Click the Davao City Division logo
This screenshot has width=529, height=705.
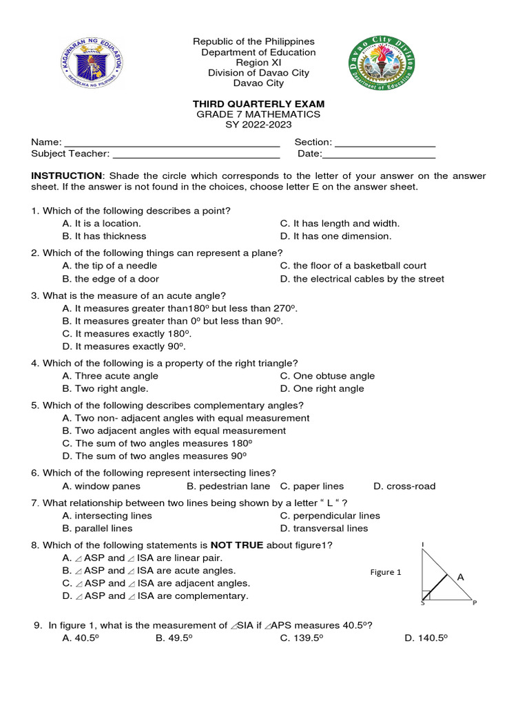tap(382, 66)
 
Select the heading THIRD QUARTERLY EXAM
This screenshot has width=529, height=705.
tap(258, 104)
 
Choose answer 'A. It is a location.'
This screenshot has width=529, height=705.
tap(101, 223)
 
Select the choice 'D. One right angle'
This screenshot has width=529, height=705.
tap(322, 388)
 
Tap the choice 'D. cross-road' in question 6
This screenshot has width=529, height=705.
tap(404, 486)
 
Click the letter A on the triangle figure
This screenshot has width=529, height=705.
tap(460, 577)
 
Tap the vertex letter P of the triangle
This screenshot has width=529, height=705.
tap(474, 604)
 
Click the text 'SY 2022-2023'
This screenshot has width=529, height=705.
tap(258, 125)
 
